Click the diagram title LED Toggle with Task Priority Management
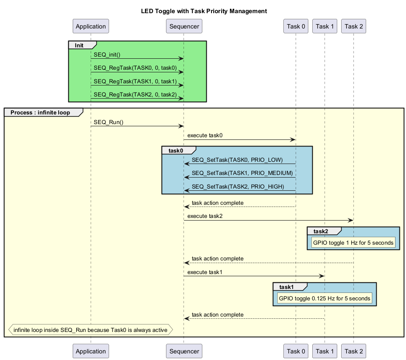click(x=204, y=11)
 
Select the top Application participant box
click(x=91, y=26)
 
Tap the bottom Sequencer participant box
click(x=184, y=351)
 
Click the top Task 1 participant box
click(x=325, y=26)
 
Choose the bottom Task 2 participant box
click(x=353, y=351)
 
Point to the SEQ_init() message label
click(x=107, y=54)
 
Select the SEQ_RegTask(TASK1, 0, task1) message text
click(x=135, y=81)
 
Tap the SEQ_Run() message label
click(x=108, y=122)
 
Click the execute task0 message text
click(x=205, y=135)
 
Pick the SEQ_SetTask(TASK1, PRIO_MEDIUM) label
click(x=242, y=173)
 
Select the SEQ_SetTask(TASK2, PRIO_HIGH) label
click(x=238, y=186)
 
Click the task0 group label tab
click(x=175, y=150)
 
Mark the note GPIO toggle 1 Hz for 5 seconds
click(x=353, y=242)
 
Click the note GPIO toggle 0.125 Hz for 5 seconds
click(x=325, y=298)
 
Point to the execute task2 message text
click(x=205, y=216)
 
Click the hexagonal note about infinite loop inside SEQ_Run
click(x=90, y=330)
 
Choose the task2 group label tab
click(x=321, y=231)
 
